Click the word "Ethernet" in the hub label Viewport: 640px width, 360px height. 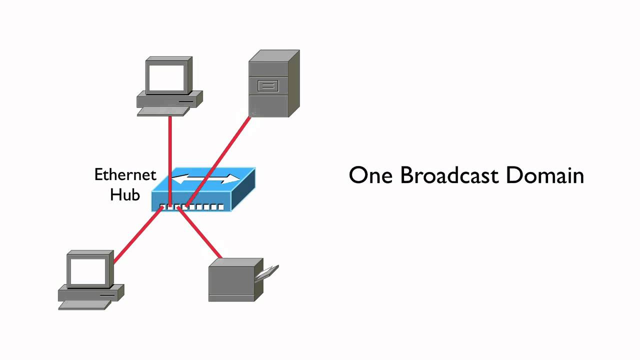tap(125, 175)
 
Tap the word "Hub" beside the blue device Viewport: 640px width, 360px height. tap(125, 194)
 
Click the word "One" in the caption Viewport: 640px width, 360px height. tap(370, 176)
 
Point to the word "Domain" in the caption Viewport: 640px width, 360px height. tap(545, 176)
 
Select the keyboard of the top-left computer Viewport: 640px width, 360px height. tap(160, 111)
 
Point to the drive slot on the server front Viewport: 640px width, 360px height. tap(267, 86)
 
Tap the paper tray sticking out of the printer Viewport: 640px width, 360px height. tap(267, 273)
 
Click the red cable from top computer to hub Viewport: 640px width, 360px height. tap(170, 150)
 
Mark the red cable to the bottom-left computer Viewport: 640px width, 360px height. tap(135, 237)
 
